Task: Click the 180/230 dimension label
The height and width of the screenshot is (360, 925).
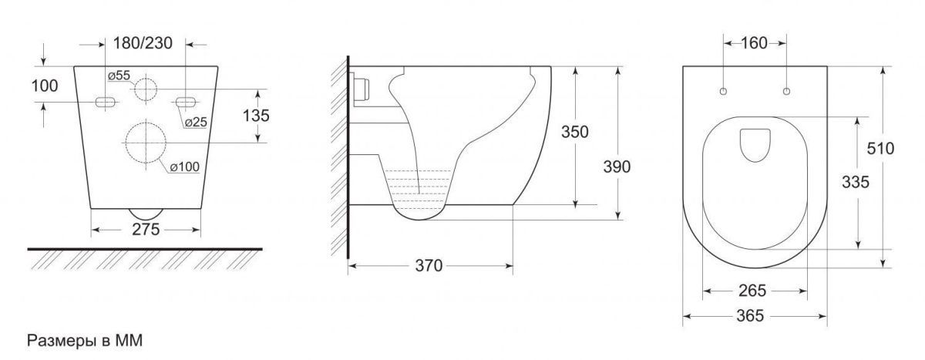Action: click(x=143, y=43)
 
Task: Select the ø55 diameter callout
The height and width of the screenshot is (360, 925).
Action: click(x=119, y=76)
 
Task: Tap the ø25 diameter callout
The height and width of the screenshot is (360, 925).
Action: click(x=196, y=122)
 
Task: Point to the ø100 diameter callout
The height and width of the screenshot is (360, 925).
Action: click(x=185, y=167)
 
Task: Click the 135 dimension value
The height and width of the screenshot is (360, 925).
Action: click(x=256, y=116)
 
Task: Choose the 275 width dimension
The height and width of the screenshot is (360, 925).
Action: click(x=146, y=230)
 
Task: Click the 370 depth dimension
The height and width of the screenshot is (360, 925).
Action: click(x=429, y=266)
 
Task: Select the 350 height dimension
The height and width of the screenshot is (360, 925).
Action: click(x=575, y=132)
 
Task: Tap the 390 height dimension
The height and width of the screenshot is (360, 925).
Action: click(x=617, y=167)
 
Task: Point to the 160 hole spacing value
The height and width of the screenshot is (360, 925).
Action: click(x=754, y=43)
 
